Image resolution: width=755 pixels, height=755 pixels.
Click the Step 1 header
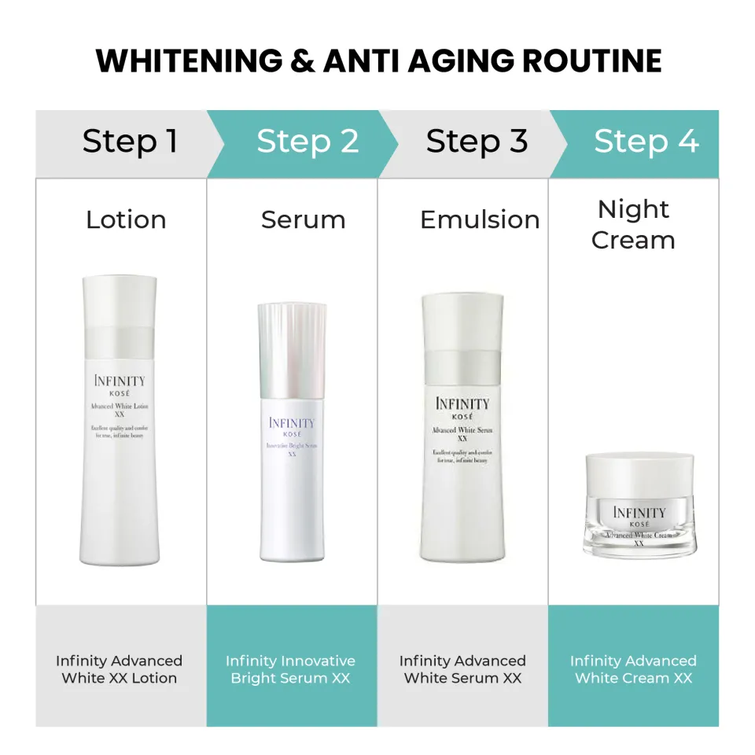pyautogui.click(x=130, y=142)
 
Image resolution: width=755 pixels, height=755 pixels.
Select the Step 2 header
pyautogui.click(x=308, y=142)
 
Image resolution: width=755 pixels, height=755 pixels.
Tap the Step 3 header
pyautogui.click(x=477, y=142)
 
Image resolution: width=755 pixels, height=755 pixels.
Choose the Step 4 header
pyautogui.click(x=646, y=142)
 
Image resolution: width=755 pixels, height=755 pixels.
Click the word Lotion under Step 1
pyautogui.click(x=126, y=219)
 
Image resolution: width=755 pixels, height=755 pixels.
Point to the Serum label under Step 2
pyautogui.click(x=303, y=219)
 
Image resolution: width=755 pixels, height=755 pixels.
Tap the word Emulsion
pyautogui.click(x=480, y=219)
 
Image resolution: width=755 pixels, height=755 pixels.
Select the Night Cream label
pyautogui.click(x=633, y=224)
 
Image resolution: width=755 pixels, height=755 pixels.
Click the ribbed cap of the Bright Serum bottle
pyautogui.click(x=291, y=338)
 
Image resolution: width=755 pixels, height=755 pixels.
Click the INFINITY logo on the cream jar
pyautogui.click(x=639, y=513)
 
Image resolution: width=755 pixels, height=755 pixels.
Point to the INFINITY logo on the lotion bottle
pyautogui.click(x=120, y=381)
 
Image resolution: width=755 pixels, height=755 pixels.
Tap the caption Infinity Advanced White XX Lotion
pyautogui.click(x=120, y=669)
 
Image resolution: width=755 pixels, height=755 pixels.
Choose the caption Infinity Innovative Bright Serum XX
pyautogui.click(x=290, y=669)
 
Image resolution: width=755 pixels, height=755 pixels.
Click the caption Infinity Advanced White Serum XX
pyautogui.click(x=462, y=669)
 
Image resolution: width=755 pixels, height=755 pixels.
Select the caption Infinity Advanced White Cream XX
pyautogui.click(x=633, y=669)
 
